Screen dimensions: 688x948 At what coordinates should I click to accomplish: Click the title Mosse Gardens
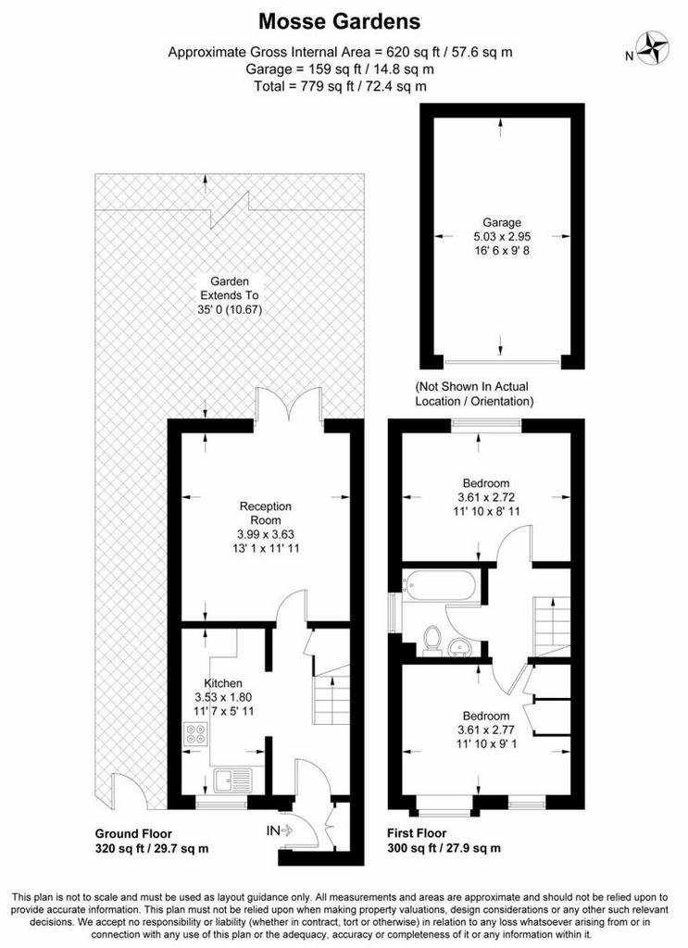[340, 22]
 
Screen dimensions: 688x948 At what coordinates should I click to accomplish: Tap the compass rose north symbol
[654, 49]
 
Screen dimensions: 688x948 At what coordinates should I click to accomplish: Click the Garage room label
[501, 222]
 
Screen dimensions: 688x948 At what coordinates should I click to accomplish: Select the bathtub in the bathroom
[442, 585]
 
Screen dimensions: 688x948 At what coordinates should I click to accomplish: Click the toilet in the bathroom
[432, 639]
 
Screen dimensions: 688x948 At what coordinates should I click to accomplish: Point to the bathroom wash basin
[461, 647]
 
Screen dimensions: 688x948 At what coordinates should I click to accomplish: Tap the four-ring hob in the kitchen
[195, 734]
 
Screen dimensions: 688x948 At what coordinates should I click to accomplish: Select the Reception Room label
[266, 513]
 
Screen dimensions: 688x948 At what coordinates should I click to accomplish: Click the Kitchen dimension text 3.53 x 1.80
[223, 697]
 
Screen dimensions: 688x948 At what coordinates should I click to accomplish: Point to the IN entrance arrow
[280, 830]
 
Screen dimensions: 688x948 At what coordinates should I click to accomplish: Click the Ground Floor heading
[133, 834]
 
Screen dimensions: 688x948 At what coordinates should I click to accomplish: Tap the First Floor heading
[417, 833]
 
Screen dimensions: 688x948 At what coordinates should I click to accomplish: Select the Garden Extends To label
[229, 289]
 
